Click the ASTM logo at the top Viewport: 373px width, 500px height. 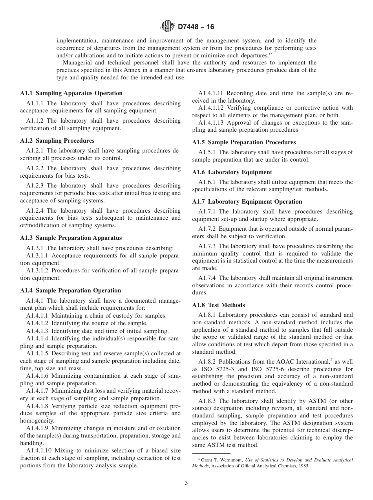tap(167, 27)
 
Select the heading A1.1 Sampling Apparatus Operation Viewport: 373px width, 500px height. tap(71, 93)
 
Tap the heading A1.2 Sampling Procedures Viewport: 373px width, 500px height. tap(57, 140)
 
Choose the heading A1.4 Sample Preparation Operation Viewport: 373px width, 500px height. tap(70, 290)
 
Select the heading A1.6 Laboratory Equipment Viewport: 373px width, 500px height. tap(232, 172)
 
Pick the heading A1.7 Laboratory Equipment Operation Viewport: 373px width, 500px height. tap(247, 201)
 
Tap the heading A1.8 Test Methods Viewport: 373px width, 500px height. tap(218, 305)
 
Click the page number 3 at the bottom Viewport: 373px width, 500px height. tap(186, 483)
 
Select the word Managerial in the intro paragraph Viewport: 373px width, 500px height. tap(77, 63)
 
